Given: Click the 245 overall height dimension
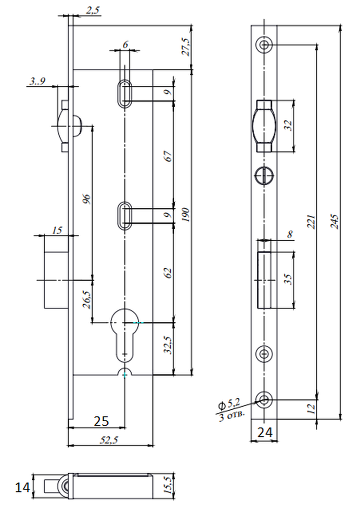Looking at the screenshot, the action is (x=335, y=222).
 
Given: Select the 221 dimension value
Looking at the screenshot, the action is (x=311, y=222).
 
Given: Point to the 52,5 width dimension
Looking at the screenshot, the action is (x=109, y=440).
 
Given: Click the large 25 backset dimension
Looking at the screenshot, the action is (x=101, y=421).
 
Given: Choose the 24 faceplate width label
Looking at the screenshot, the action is (x=265, y=433).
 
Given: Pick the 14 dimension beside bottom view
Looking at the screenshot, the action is (x=22, y=488).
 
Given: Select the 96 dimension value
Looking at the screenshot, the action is (x=86, y=199).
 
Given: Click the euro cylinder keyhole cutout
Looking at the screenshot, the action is (x=124, y=335).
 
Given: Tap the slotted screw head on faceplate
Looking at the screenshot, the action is (x=264, y=174).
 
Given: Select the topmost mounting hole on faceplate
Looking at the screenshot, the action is (x=264, y=44).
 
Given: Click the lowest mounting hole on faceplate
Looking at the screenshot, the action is (x=264, y=400).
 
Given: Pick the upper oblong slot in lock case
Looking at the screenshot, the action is (x=125, y=93).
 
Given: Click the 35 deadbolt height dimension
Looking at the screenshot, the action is (x=289, y=279).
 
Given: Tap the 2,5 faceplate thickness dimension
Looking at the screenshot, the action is (x=93, y=10).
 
